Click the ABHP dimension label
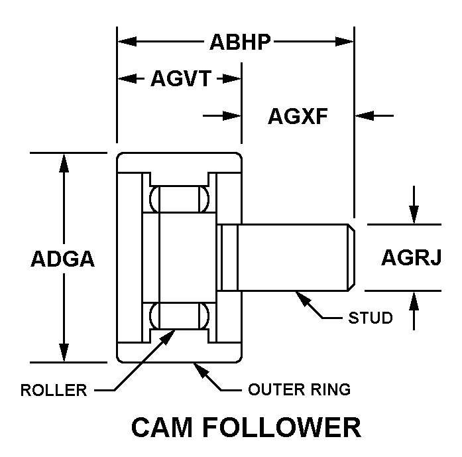coord(239,42)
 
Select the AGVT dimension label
coord(180,79)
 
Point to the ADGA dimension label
coord(62,259)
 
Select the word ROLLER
coord(54,390)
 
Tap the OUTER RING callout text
coord(299,389)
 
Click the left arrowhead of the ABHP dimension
coord(125,42)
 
